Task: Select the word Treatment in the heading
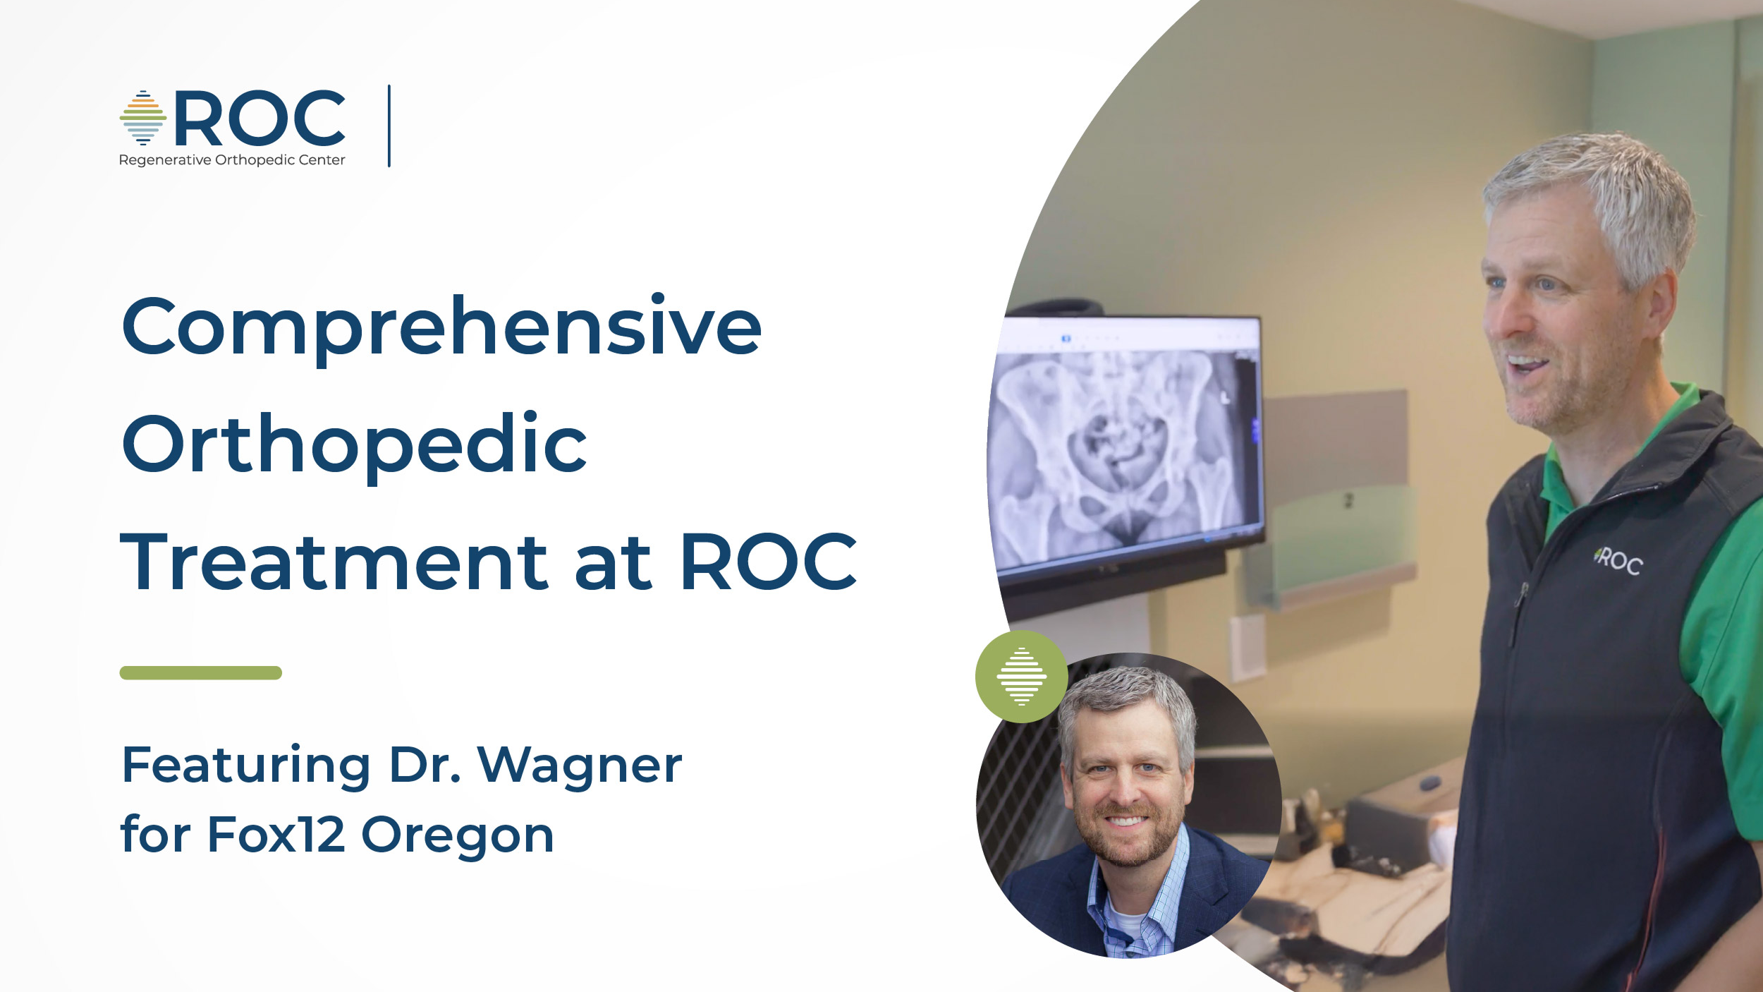click(334, 562)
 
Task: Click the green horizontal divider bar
click(201, 672)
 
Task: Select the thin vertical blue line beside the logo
click(389, 126)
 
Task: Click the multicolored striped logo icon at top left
click(143, 118)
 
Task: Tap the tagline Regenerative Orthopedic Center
click(232, 160)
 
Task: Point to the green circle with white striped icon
click(1021, 677)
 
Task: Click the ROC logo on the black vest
click(1618, 560)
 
